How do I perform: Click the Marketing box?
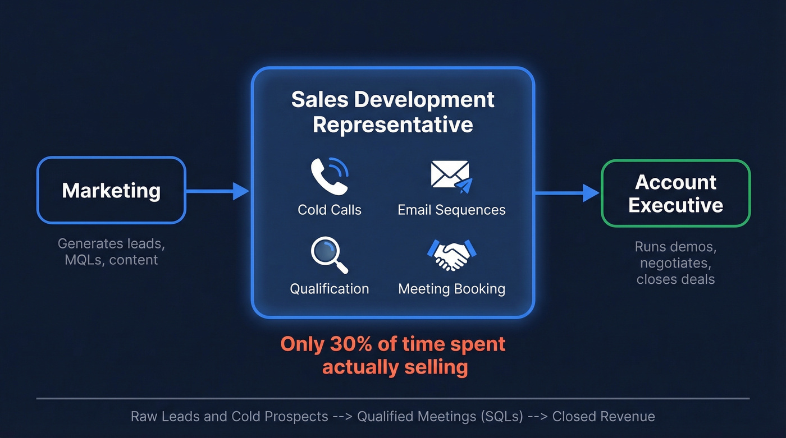pos(111,190)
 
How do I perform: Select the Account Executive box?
pos(675,193)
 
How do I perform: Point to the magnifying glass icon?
pos(329,255)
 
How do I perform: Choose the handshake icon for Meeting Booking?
pos(451,255)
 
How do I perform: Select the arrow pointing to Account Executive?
pos(567,193)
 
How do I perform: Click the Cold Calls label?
pos(330,210)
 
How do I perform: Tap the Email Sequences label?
pos(451,210)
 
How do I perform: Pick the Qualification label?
pos(330,289)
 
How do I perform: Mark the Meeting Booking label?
pos(451,289)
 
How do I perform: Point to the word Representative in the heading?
pos(393,124)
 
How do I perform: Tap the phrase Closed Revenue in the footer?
pos(604,417)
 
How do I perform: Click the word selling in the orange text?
pos(436,367)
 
